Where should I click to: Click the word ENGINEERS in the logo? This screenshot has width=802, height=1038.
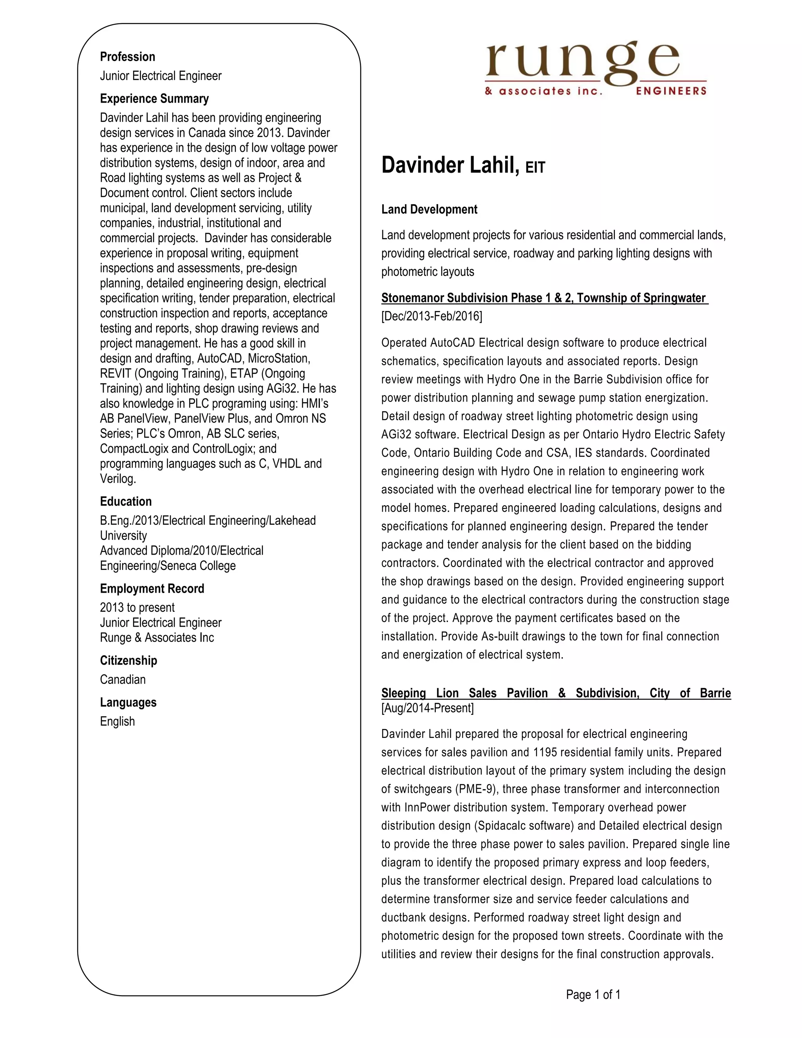[671, 91]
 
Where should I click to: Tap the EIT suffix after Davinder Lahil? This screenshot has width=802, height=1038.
[535, 168]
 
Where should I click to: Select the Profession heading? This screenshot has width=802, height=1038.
[127, 57]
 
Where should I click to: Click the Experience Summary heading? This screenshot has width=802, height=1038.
[154, 99]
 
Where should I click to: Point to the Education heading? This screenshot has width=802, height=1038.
[125, 501]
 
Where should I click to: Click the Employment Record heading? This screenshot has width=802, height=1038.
[152, 588]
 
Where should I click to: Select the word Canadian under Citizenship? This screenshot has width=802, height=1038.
[123, 680]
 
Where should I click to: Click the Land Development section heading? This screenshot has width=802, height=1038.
[429, 210]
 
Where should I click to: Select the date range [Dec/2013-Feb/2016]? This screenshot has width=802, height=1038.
[432, 316]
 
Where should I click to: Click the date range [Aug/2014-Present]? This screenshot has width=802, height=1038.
[427, 708]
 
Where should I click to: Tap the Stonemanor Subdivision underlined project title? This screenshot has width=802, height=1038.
[544, 298]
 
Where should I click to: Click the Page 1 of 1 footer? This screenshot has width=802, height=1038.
[593, 995]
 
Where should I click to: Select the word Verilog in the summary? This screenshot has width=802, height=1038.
[118, 479]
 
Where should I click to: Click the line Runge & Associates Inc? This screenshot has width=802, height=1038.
[157, 638]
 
